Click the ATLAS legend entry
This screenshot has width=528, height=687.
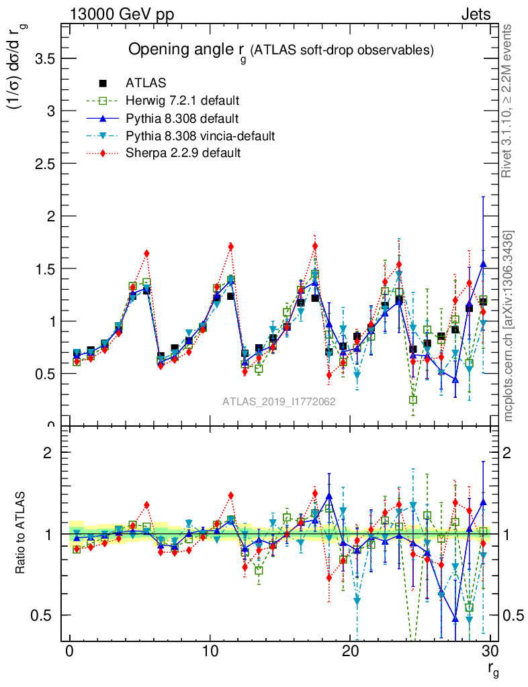(145, 84)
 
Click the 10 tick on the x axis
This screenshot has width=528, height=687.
(210, 652)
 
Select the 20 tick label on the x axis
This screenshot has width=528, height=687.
(350, 652)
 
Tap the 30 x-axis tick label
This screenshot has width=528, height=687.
(490, 652)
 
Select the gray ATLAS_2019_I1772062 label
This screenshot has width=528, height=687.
(279, 402)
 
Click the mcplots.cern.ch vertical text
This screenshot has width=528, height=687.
(509, 326)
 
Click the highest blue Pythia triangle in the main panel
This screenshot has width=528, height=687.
(483, 264)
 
